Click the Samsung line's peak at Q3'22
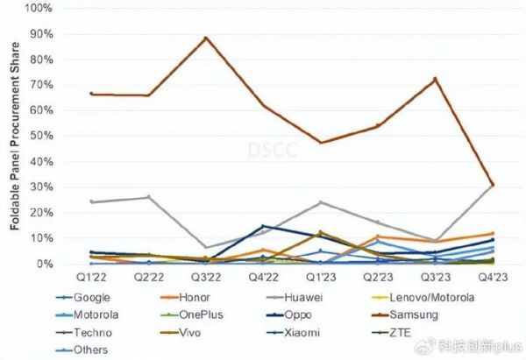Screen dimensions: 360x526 [x=205, y=38]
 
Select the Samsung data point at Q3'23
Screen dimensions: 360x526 [x=435, y=79]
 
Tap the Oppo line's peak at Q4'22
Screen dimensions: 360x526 [x=262, y=226]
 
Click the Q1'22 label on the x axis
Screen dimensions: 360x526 [x=90, y=278]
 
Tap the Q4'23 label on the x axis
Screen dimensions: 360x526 [x=493, y=278]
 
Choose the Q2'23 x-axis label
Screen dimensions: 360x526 [x=377, y=278]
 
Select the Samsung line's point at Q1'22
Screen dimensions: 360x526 [x=90, y=94]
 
